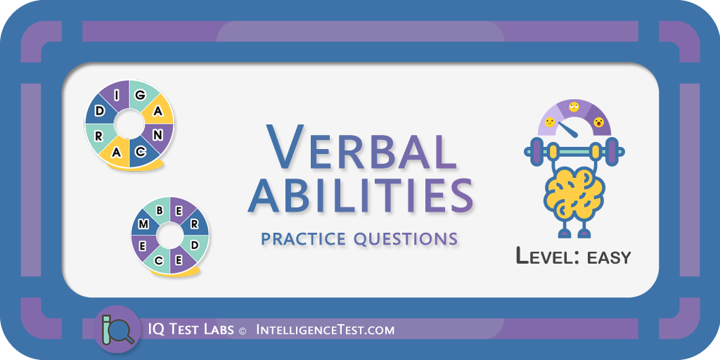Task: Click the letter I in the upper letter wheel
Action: (x=117, y=96)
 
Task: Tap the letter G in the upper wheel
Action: (x=140, y=95)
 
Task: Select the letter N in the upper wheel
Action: (x=157, y=135)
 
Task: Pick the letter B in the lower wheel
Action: (x=160, y=211)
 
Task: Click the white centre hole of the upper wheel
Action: (x=129, y=124)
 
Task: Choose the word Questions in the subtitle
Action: (x=406, y=239)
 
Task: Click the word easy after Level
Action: (x=609, y=257)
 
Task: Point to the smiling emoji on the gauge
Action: (x=549, y=122)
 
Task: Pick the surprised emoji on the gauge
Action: (x=598, y=122)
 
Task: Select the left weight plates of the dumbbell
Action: (x=535, y=150)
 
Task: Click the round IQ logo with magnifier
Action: (x=117, y=329)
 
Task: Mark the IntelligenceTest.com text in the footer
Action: (x=324, y=330)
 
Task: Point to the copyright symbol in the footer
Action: (x=243, y=330)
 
